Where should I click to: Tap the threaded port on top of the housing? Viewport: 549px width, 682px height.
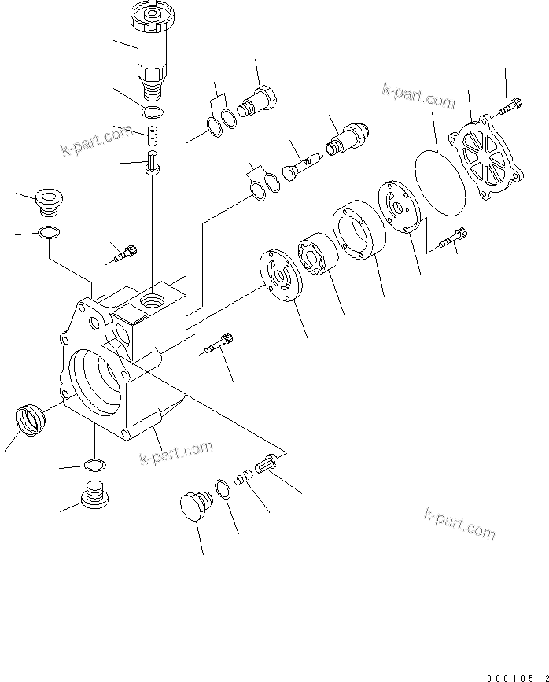150,300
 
